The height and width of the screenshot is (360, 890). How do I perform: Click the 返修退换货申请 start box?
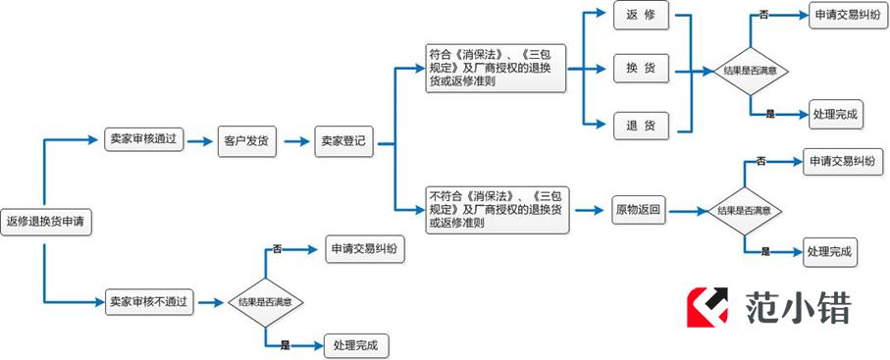[x=45, y=223]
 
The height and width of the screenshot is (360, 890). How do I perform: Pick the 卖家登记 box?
[x=342, y=140]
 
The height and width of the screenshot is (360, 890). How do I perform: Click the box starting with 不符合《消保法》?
[x=497, y=210]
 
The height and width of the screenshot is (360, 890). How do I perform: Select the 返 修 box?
[x=641, y=15]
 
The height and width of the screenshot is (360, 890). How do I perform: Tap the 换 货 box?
[x=641, y=69]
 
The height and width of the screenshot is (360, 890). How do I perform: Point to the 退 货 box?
[x=641, y=125]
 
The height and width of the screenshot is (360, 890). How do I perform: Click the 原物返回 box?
[x=639, y=209]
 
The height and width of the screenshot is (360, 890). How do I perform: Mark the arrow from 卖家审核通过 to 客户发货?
[x=200, y=141]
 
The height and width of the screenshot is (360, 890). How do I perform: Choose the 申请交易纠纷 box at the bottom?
[x=363, y=249]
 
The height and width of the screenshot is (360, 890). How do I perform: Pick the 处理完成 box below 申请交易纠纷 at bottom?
[x=361, y=345]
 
